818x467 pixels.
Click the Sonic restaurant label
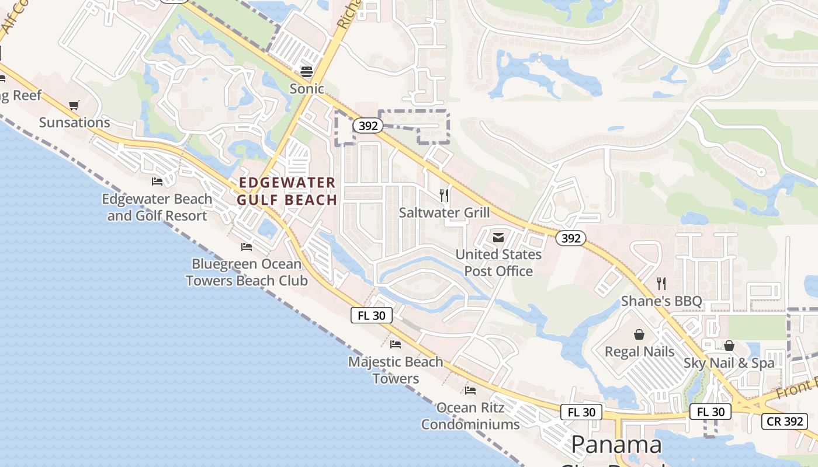(x=307, y=89)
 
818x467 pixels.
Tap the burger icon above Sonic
(x=307, y=71)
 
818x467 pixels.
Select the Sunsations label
(x=74, y=123)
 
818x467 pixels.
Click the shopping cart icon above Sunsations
(x=74, y=106)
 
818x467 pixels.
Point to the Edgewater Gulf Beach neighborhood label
(x=287, y=191)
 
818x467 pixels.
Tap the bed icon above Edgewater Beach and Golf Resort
(x=157, y=182)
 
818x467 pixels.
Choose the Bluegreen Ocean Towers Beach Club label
(x=247, y=272)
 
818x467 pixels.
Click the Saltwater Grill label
(x=444, y=212)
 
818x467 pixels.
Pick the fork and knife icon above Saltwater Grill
(x=444, y=195)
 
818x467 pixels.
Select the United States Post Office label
(x=498, y=263)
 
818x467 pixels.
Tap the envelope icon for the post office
(x=498, y=238)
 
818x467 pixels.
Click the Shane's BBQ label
(x=661, y=301)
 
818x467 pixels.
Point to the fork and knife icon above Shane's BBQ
(x=661, y=284)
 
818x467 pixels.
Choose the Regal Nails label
(x=639, y=352)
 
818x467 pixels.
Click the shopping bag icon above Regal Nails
(x=639, y=334)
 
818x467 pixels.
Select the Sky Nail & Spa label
(x=729, y=363)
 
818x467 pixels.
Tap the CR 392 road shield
(x=784, y=421)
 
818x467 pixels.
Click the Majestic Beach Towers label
(x=396, y=370)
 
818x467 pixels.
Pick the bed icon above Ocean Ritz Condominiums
(x=470, y=390)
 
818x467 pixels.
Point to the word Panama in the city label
(x=616, y=445)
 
